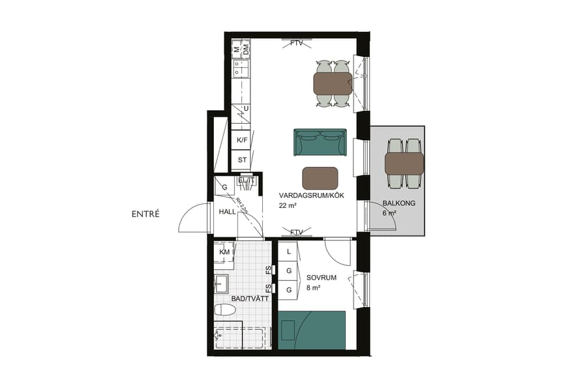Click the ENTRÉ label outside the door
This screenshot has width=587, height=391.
click(x=145, y=214)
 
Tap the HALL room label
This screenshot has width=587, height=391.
click(x=228, y=212)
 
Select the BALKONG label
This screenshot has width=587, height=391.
click(x=399, y=203)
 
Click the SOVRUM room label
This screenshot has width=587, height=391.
click(x=322, y=278)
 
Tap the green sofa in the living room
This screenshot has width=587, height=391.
click(x=320, y=143)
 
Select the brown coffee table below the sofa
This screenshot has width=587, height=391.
click(x=320, y=178)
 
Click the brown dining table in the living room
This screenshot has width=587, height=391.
click(x=333, y=83)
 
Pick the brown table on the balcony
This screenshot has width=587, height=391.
click(x=404, y=163)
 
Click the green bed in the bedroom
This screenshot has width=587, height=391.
click(x=312, y=330)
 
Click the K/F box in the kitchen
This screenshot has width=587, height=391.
click(x=242, y=140)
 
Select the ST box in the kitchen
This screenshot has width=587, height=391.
click(x=242, y=160)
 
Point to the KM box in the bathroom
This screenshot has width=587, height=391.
click(x=225, y=252)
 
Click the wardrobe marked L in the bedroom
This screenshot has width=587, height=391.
click(x=288, y=252)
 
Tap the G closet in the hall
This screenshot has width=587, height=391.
click(x=224, y=187)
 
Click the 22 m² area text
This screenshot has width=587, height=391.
click(x=288, y=206)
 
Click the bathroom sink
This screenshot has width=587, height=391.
click(x=222, y=283)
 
